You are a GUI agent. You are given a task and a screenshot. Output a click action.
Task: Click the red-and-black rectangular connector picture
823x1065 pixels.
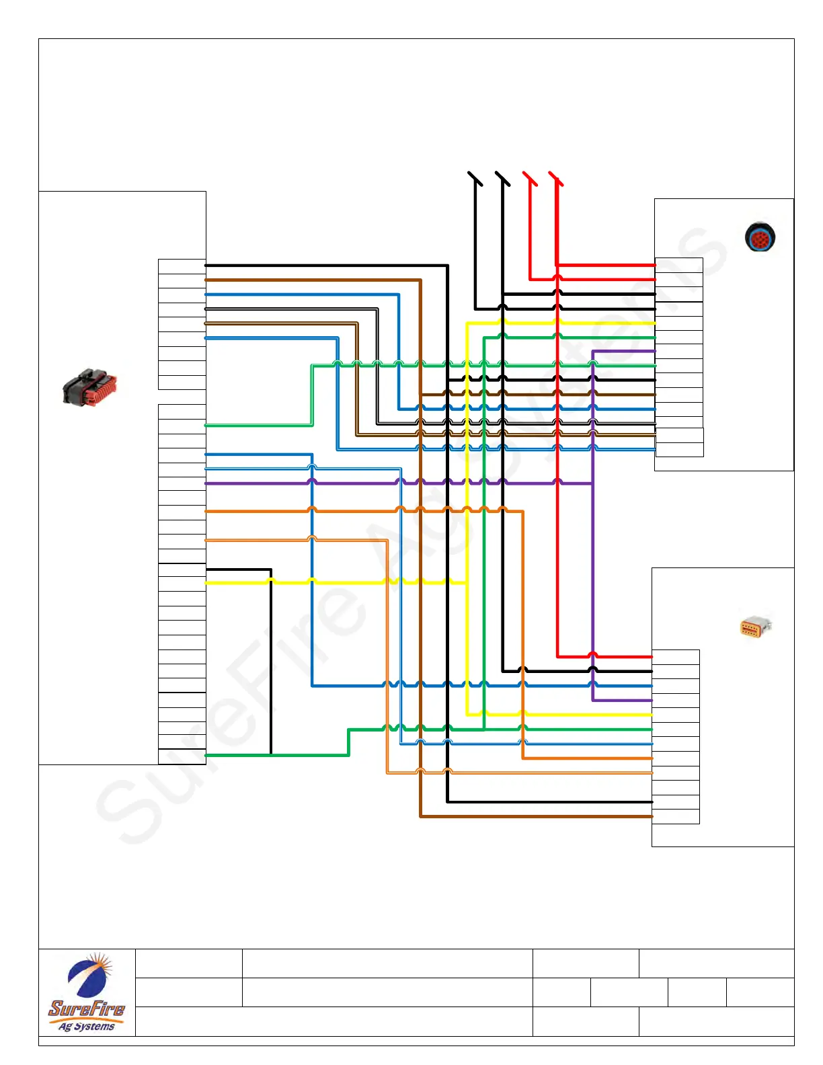(89, 387)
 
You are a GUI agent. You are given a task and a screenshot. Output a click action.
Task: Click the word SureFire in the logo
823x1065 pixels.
(87, 1009)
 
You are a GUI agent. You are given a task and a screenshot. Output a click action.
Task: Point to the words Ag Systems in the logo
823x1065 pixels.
(87, 1026)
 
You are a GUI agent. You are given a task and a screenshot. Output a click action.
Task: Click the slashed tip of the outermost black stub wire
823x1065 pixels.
(475, 178)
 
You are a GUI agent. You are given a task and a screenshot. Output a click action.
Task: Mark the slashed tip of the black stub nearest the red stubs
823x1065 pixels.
(502, 178)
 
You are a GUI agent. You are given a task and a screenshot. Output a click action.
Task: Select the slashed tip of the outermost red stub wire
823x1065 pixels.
(556, 178)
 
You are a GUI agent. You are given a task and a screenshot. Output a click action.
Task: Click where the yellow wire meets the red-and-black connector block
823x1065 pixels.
(206, 582)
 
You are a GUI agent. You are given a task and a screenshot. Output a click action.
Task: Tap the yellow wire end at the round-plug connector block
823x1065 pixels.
(654, 323)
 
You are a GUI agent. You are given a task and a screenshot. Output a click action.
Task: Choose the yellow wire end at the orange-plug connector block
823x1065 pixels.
(651, 714)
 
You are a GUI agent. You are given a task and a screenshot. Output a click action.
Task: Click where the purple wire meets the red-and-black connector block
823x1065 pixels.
(206, 483)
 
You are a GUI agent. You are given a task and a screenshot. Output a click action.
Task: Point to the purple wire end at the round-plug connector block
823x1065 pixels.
(654, 351)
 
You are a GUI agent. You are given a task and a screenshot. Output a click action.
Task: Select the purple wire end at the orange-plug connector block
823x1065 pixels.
(651, 700)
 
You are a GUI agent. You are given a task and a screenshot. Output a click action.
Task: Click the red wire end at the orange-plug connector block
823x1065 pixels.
(651, 656)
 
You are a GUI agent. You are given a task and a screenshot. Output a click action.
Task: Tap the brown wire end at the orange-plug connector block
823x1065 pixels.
(651, 816)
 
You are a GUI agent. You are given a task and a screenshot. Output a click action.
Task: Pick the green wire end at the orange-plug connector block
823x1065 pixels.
(651, 729)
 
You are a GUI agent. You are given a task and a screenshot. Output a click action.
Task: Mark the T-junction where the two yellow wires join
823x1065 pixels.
(467, 582)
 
